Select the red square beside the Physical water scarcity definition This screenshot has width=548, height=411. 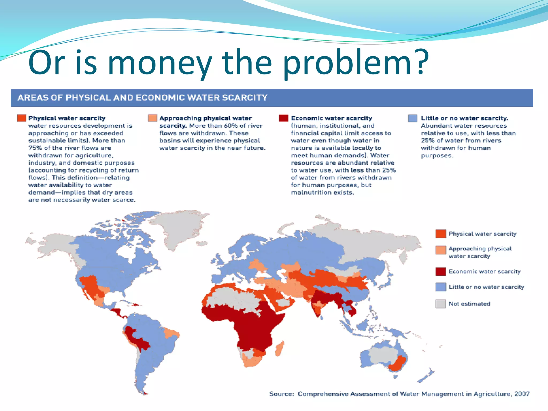point(21,118)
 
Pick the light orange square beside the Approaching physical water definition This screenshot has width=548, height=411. point(153,118)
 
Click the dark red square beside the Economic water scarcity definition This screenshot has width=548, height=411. point(283,118)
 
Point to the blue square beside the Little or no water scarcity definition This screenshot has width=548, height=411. point(413,118)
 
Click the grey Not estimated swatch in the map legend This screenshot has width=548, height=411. point(440,304)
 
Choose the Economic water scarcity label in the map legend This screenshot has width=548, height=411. point(485,272)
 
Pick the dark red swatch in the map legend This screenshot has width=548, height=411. point(440,272)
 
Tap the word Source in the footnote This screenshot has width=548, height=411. point(281,394)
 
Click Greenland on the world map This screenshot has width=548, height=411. point(177,227)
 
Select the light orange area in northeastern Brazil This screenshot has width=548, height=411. point(171,333)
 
